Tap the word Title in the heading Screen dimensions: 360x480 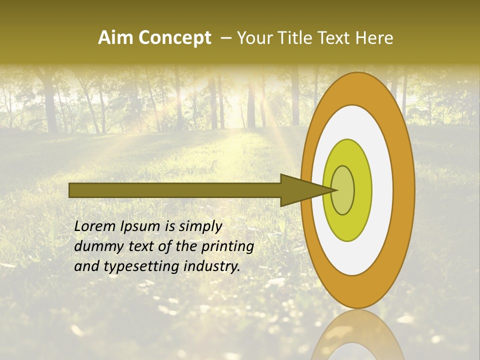pos(302,38)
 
